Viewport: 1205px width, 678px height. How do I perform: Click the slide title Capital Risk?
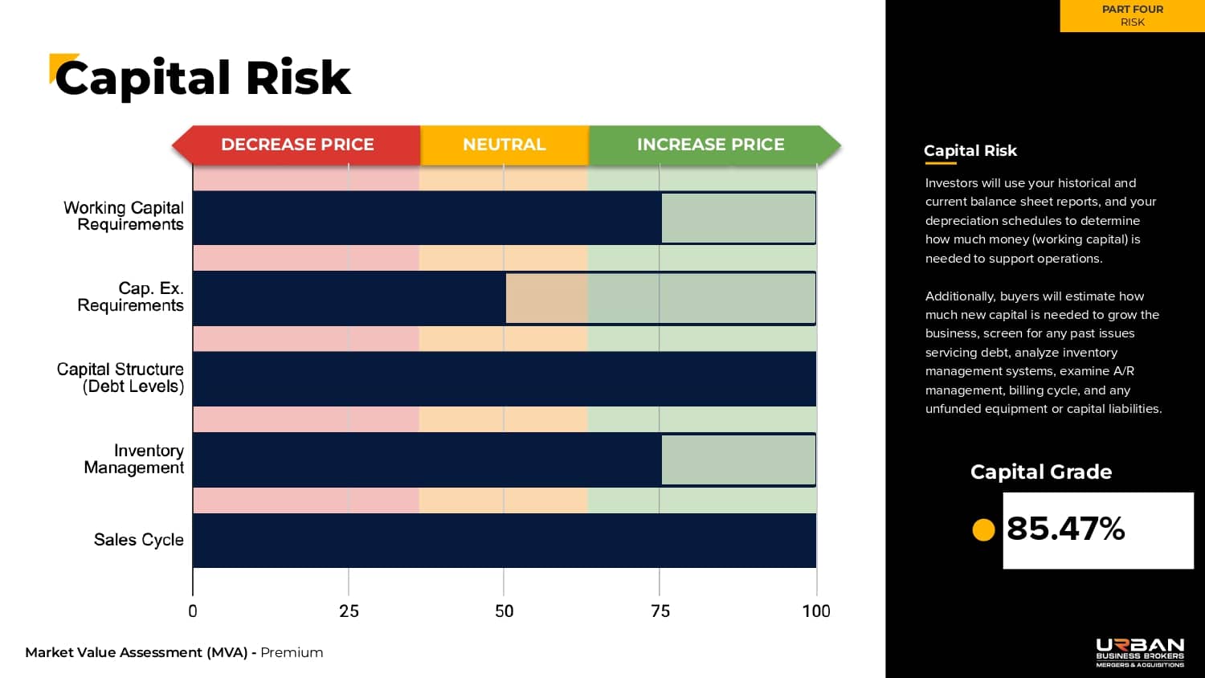pyautogui.click(x=202, y=79)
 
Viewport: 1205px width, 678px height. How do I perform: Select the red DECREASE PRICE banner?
pyautogui.click(x=297, y=145)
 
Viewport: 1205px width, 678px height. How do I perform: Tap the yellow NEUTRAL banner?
pyautogui.click(x=504, y=145)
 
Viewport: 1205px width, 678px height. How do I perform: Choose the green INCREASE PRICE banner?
pyautogui.click(x=711, y=145)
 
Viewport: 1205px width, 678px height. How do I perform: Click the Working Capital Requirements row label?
pyautogui.click(x=124, y=216)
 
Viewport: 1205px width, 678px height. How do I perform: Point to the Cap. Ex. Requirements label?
pyautogui.click(x=131, y=296)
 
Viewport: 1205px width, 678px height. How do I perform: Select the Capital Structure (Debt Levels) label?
pyautogui.click(x=120, y=378)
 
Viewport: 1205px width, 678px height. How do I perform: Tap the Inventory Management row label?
pyautogui.click(x=134, y=459)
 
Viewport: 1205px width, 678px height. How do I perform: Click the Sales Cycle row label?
pyautogui.click(x=138, y=540)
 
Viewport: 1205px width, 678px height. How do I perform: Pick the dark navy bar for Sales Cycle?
pyautogui.click(x=504, y=541)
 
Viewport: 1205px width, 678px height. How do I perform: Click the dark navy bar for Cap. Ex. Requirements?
pyautogui.click(x=349, y=298)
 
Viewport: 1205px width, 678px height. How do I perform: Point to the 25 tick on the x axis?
pyautogui.click(x=349, y=611)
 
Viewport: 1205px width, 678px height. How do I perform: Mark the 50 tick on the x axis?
pyautogui.click(x=504, y=611)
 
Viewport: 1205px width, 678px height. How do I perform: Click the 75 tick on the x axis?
pyautogui.click(x=660, y=611)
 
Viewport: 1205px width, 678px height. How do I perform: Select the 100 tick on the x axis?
pyautogui.click(x=816, y=611)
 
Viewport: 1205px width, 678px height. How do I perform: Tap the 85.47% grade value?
pyautogui.click(x=1066, y=529)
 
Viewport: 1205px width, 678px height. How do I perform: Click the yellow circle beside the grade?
pyautogui.click(x=983, y=529)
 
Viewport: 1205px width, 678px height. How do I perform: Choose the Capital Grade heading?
pyautogui.click(x=1041, y=472)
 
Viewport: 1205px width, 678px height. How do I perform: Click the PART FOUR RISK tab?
pyautogui.click(x=1132, y=16)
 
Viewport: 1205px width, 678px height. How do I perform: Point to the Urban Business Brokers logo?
pyautogui.click(x=1140, y=652)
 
